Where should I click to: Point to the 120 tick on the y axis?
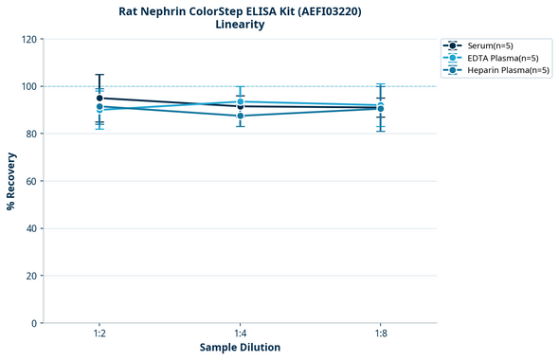30,39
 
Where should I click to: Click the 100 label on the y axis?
30,86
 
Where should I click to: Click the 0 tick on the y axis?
35,323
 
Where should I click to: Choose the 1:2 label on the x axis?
99,333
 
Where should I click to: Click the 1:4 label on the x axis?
240,333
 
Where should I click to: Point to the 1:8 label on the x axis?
380,333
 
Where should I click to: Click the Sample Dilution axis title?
240,348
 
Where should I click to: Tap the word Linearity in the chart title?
240,25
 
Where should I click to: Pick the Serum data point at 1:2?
99,98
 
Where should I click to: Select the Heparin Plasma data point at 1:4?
240,116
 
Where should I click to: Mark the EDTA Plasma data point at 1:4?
240,101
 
